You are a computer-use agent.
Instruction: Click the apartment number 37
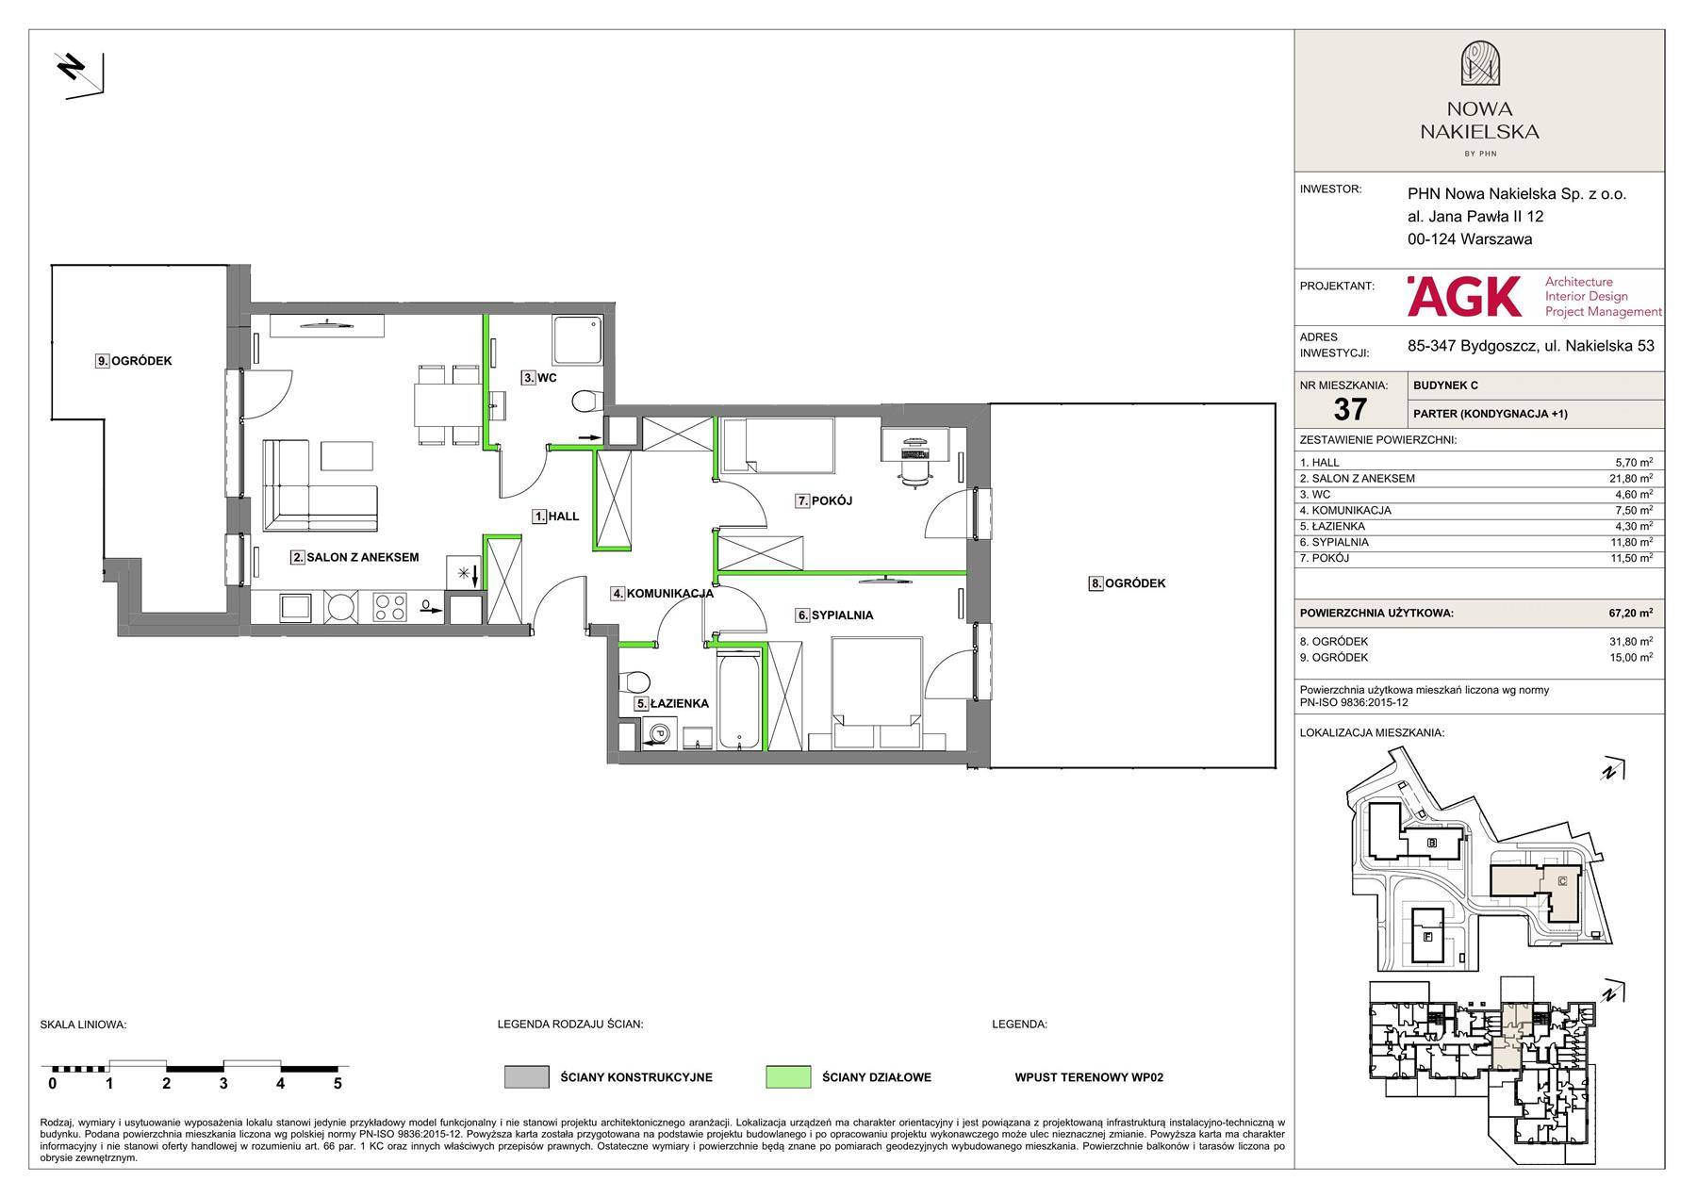point(1350,409)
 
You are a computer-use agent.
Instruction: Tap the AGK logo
point(1463,296)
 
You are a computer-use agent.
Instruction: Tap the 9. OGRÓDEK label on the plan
point(134,361)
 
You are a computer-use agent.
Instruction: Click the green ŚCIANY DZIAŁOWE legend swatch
point(788,1077)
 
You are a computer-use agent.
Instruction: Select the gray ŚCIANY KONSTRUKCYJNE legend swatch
point(527,1077)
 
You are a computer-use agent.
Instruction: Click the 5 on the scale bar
point(338,1084)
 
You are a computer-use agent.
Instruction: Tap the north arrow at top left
point(79,74)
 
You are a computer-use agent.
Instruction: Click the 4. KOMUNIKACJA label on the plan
point(662,594)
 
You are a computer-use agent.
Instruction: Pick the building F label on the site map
point(1428,937)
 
